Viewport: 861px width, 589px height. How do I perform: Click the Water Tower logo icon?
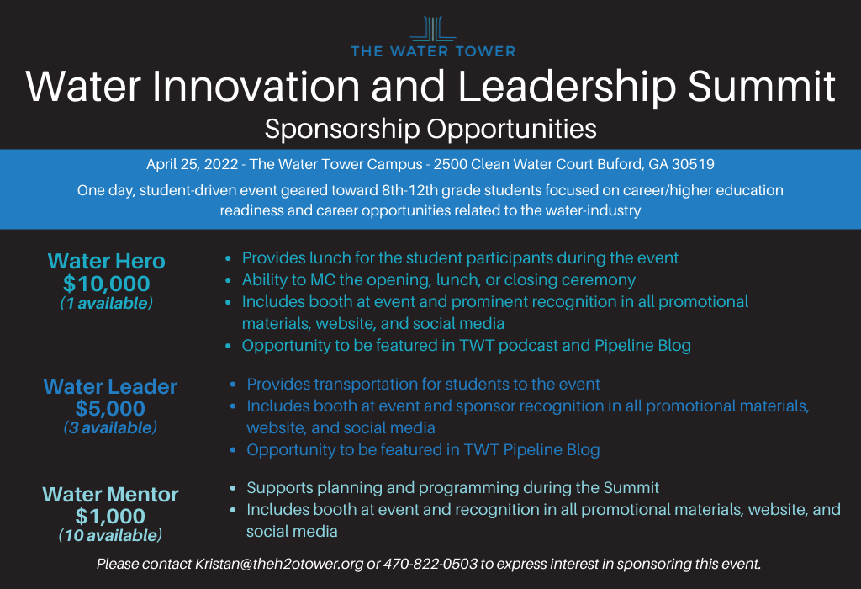[x=433, y=29]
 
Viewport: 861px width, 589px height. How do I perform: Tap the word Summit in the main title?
[x=762, y=87]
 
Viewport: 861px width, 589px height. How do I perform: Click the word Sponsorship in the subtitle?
[x=342, y=130]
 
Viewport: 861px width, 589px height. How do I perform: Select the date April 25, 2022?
[x=193, y=164]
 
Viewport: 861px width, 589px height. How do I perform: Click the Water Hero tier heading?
[x=107, y=261]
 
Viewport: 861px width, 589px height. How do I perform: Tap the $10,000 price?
[x=107, y=284]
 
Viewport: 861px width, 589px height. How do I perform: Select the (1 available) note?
[x=107, y=303]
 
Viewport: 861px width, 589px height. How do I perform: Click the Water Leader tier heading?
[x=110, y=387]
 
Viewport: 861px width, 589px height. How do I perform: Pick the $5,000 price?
[x=110, y=408]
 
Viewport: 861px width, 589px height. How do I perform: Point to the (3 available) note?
[x=110, y=427]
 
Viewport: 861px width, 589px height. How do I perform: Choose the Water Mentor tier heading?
[x=110, y=495]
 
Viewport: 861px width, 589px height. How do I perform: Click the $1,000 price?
[x=110, y=516]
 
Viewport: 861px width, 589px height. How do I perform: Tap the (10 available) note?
[x=110, y=535]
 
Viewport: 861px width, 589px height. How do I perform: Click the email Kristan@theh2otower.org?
[x=279, y=565]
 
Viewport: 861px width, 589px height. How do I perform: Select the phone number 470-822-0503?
[x=430, y=565]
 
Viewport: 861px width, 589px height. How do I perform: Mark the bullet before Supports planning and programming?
[x=233, y=488]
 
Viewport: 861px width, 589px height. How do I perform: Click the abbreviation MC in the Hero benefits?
[x=322, y=279]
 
